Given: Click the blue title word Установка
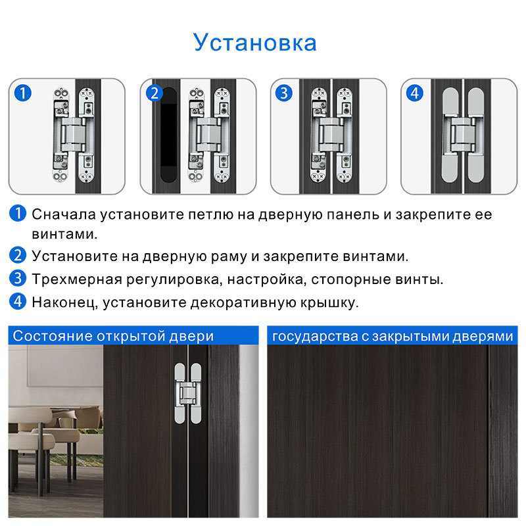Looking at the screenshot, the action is click(x=255, y=43).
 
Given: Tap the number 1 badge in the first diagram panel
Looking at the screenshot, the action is click(x=23, y=93).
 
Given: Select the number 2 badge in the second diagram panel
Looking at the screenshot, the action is click(x=155, y=93).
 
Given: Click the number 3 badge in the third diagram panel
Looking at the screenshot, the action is click(x=284, y=93).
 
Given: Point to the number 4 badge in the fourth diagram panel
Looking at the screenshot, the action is click(x=415, y=93).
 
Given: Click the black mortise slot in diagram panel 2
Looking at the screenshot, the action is click(x=168, y=135).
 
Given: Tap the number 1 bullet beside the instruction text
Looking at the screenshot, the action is click(x=18, y=213).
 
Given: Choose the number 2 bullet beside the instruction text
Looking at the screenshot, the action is click(x=18, y=255).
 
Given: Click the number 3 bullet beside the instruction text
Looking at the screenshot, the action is click(x=18, y=278).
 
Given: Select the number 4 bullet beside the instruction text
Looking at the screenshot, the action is click(x=18, y=301).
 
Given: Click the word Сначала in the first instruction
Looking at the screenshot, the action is click(x=64, y=215).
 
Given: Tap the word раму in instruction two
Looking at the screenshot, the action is click(x=229, y=256).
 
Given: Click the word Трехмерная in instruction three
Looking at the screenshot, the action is click(x=77, y=279).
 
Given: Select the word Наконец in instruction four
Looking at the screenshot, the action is click(x=63, y=302).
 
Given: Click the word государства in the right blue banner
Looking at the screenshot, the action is click(x=315, y=337).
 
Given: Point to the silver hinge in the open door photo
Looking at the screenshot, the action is click(x=188, y=393).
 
